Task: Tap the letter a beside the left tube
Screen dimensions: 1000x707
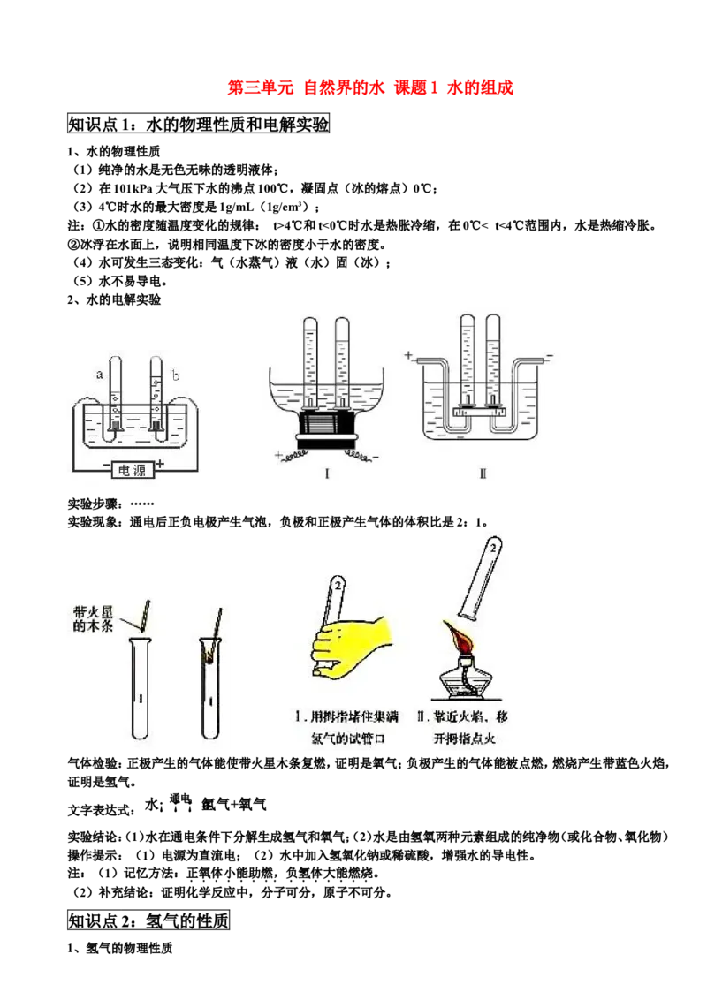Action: click(98, 375)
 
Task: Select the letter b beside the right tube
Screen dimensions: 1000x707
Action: click(175, 375)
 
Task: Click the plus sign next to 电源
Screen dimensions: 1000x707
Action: click(160, 465)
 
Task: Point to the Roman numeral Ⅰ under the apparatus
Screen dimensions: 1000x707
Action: click(327, 473)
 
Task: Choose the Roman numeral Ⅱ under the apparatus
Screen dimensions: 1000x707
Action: click(483, 473)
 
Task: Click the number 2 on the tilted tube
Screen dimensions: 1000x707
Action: click(493, 549)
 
